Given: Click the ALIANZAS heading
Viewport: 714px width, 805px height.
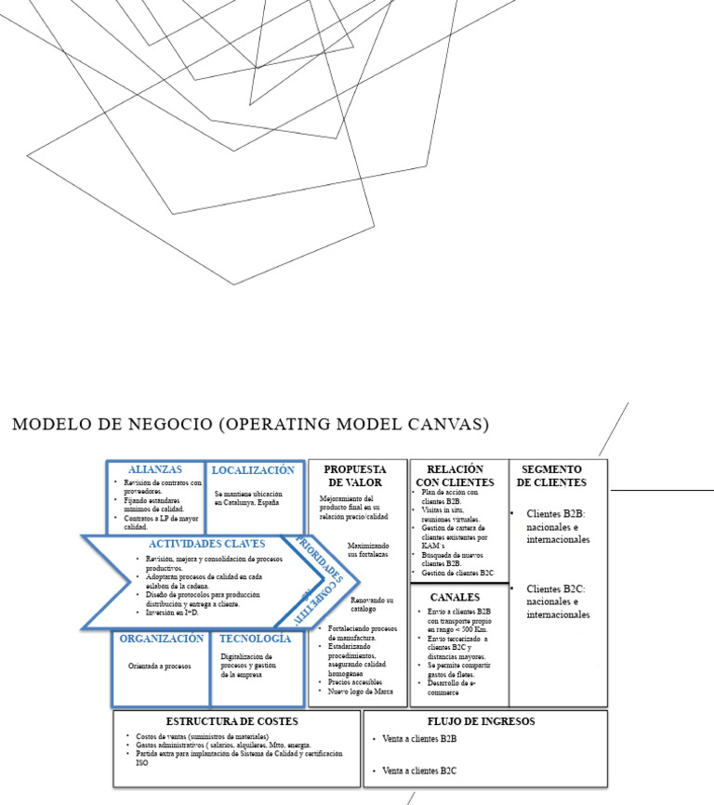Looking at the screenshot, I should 154,470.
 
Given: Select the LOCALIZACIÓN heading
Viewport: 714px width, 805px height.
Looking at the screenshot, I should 253,470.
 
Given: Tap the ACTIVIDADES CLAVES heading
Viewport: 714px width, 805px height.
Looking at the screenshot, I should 207,544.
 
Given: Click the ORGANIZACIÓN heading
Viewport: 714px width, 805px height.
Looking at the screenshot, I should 162,640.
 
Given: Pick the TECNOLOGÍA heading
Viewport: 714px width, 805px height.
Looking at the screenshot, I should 256,640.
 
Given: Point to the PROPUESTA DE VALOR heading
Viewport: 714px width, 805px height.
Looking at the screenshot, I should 355,476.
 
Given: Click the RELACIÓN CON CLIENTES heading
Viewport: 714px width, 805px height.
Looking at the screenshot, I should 458,476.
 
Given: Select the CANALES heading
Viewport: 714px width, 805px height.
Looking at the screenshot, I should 455,597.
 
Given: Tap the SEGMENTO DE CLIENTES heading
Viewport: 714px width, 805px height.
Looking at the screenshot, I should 552,476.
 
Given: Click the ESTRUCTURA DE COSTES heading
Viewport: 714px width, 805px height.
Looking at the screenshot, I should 231,721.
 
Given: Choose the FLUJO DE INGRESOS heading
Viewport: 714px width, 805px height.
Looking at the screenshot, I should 481,721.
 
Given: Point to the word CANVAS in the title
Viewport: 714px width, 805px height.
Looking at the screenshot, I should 454,425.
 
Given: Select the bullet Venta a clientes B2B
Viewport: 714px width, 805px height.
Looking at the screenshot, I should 419,740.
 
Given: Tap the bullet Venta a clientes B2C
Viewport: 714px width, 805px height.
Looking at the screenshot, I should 419,771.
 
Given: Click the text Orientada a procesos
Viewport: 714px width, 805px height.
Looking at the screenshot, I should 160,666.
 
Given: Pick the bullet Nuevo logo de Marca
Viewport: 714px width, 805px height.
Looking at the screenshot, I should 362,692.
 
